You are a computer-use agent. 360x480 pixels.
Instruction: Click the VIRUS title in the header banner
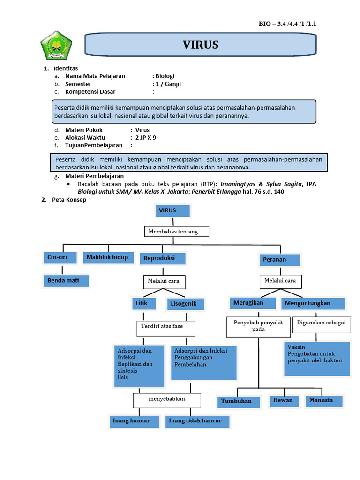(x=200, y=45)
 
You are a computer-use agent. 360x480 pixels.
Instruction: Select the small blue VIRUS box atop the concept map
(x=172, y=211)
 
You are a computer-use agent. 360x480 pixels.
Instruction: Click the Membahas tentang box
(x=176, y=232)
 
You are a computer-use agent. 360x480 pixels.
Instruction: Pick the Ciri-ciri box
(x=59, y=257)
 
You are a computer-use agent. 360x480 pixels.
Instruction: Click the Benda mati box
(x=66, y=281)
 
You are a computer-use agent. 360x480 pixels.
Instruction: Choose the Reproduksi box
(x=162, y=259)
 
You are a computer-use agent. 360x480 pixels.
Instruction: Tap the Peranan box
(x=280, y=259)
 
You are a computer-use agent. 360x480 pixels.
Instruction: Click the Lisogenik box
(x=186, y=304)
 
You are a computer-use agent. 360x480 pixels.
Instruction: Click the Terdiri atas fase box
(x=166, y=328)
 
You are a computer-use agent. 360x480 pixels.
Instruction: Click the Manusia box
(x=323, y=400)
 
